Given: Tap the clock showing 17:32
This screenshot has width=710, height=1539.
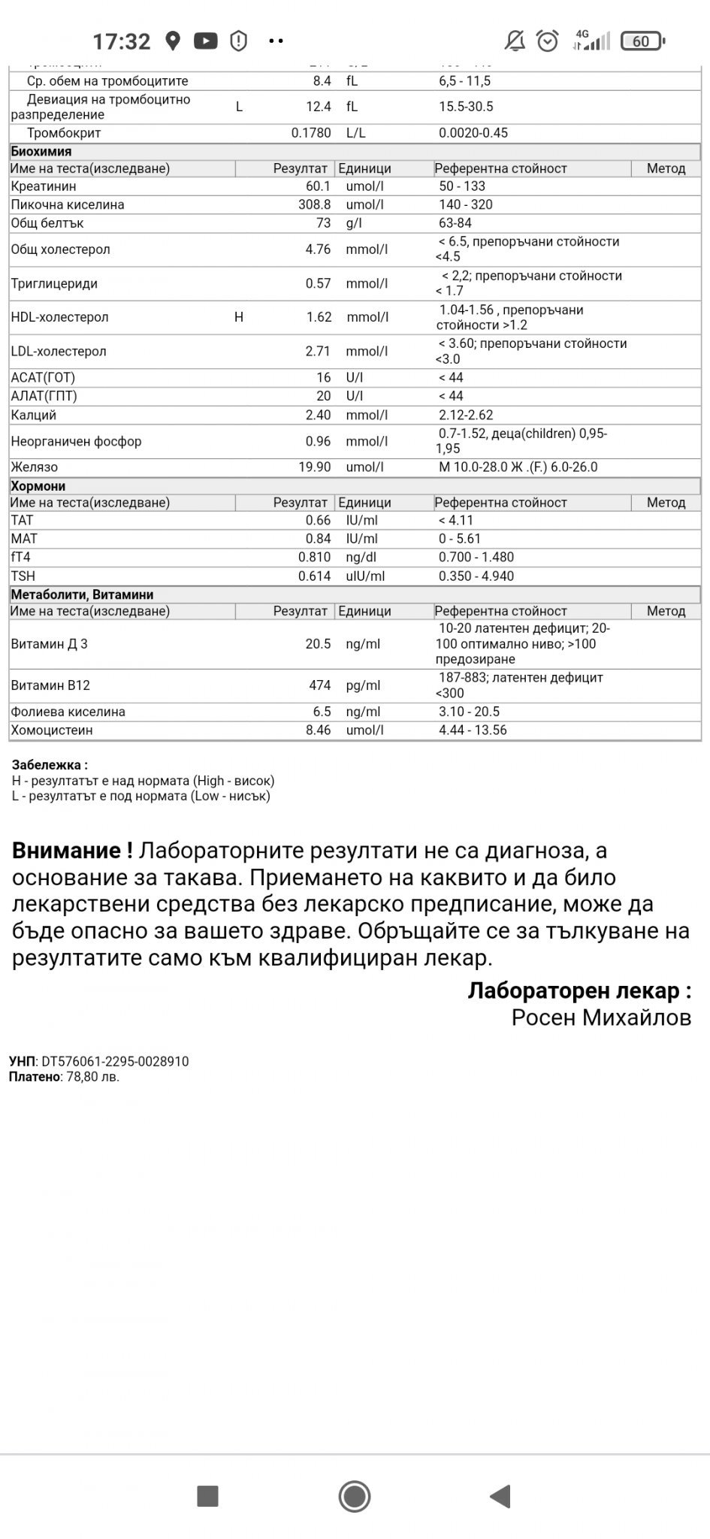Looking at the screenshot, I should [x=121, y=41].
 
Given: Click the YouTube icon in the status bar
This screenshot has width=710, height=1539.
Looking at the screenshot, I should [x=205, y=41].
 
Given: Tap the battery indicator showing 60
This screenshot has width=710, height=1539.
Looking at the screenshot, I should [x=642, y=41].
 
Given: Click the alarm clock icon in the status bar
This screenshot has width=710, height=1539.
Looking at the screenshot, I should [x=548, y=41].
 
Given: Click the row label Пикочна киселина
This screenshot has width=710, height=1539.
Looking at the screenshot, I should [x=68, y=204].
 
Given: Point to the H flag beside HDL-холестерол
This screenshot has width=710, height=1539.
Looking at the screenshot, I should [x=239, y=317].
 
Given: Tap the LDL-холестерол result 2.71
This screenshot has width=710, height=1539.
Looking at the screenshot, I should [x=318, y=351].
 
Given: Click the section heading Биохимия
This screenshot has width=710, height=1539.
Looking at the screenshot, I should [x=41, y=151].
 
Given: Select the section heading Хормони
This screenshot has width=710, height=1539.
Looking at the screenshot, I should [x=38, y=486].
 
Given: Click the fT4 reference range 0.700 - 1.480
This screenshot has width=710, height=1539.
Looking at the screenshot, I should [x=476, y=558].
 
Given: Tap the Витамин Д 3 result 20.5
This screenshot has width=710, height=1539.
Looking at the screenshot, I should [x=319, y=644].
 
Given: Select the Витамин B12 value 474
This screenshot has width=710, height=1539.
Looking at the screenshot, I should [x=320, y=685].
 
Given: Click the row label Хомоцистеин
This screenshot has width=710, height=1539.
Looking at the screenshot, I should [x=52, y=730].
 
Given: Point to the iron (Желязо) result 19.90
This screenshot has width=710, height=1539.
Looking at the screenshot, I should [x=315, y=467].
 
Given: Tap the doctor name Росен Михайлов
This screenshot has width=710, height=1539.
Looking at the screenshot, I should [x=601, y=1017].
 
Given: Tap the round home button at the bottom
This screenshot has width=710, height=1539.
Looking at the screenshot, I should [x=355, y=1496].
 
